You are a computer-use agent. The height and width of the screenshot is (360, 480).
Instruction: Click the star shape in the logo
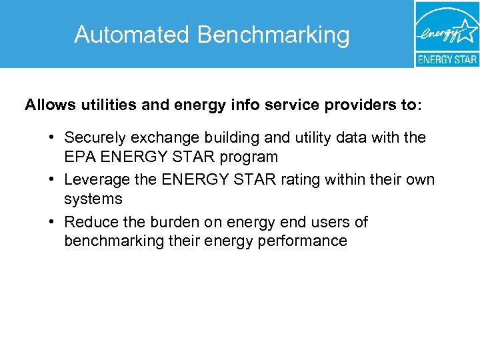pos(467,31)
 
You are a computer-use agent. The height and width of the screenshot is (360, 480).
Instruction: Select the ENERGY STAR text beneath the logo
pos(447,59)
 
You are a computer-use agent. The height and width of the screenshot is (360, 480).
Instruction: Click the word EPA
pos(79,157)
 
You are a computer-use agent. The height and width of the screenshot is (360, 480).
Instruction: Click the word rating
pos(302,179)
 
